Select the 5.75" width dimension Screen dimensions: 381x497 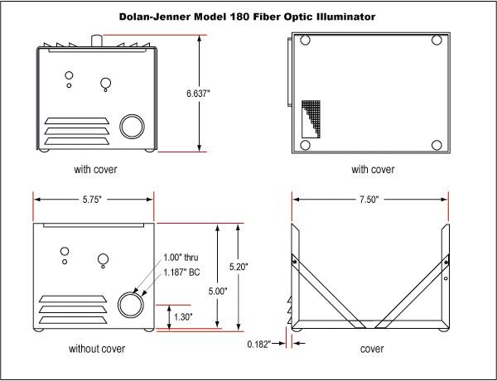pos(93,200)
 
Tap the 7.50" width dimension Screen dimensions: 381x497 pos(370,200)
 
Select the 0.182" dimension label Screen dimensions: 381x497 pos(258,343)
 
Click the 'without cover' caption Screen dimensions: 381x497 pos(97,349)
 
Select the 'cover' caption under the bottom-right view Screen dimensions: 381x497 pos(372,349)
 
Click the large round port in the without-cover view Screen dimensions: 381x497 pos(131,304)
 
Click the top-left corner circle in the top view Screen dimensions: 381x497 pos(306,40)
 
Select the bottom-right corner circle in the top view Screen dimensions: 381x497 pos(437,145)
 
